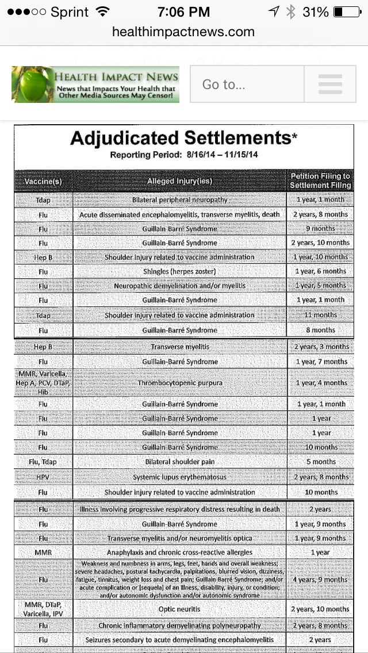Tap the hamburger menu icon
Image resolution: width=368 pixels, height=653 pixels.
tap(329, 84)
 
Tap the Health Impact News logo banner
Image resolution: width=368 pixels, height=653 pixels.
tap(95, 84)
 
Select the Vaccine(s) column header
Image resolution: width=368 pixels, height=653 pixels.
tap(43, 182)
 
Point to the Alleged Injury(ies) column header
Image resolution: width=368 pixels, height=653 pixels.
tap(179, 181)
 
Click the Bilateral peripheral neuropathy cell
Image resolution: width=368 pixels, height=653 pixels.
tap(179, 200)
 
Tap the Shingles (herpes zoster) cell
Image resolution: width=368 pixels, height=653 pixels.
tap(179, 271)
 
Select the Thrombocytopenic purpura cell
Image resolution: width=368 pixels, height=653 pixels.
tap(179, 383)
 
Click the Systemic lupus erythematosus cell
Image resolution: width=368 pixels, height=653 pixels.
tap(179, 477)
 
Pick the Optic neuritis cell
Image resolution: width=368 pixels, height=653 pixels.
tap(179, 609)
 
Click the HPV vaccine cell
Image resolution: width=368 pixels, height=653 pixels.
tap(43, 477)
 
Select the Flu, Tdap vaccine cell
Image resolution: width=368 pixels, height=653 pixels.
tap(43, 462)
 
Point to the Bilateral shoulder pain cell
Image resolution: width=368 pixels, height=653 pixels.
tap(179, 462)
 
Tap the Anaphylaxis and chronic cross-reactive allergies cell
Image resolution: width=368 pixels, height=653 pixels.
tap(179, 552)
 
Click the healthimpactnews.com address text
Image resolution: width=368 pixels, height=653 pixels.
tap(183, 32)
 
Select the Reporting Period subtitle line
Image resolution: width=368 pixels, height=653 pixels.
tap(183, 155)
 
